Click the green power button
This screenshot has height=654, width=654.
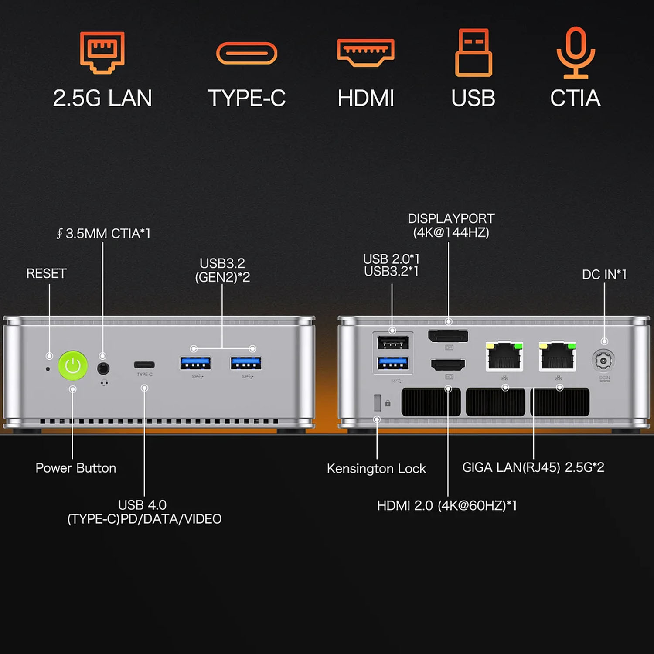[x=73, y=365]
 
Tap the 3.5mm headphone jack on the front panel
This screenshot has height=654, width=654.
[x=103, y=368]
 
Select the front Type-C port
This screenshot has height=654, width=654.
[x=144, y=365]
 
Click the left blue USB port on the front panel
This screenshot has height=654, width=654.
[x=195, y=363]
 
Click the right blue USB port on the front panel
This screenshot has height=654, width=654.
[x=246, y=363]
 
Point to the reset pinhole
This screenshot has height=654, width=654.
[x=48, y=369]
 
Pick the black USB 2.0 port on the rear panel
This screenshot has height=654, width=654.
[x=393, y=343]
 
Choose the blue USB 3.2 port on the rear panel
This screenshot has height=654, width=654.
[x=393, y=363]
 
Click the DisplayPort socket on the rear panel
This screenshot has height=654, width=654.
[x=448, y=336]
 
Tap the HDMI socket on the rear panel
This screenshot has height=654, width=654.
[x=448, y=364]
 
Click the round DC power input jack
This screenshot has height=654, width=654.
[x=603, y=361]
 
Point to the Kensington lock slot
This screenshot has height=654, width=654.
[x=378, y=402]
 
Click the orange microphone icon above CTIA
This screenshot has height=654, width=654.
[x=576, y=52]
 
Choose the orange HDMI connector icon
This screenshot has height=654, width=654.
[x=366, y=52]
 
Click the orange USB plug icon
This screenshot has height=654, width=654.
[x=473, y=52]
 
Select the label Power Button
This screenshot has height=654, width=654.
[x=76, y=468]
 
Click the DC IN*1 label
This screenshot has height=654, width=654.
[x=604, y=274]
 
